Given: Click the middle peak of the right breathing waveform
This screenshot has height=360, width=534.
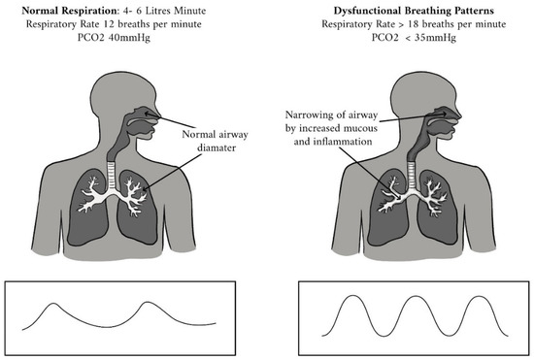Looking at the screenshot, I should pyautogui.click(x=412, y=295).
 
